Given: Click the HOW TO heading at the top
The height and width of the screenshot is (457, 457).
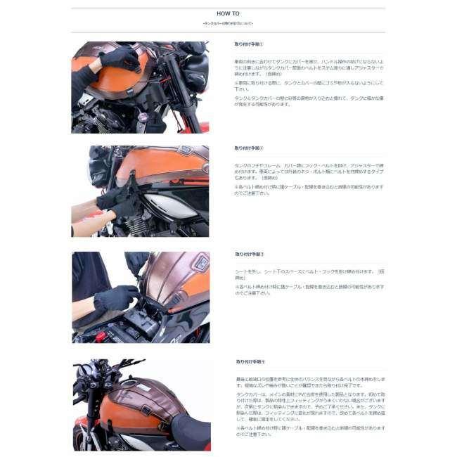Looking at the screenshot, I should click(228, 13).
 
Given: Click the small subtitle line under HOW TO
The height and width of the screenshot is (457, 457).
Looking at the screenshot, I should click(228, 24).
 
